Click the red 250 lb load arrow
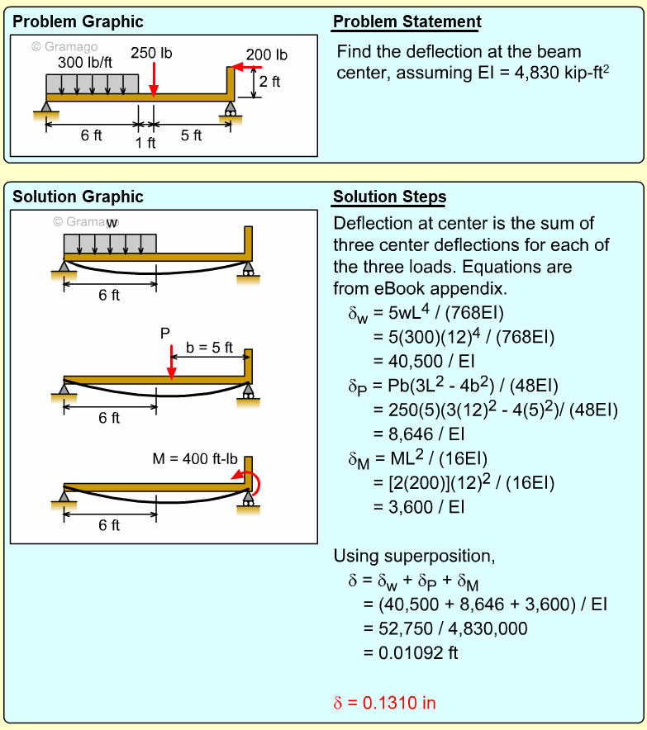point(153,79)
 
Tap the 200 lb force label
point(266,55)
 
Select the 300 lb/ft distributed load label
point(84,62)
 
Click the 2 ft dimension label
point(269,82)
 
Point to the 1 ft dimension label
point(145,143)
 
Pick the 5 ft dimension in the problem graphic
point(191,135)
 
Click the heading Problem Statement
point(407,22)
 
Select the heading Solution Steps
point(389,197)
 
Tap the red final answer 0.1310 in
point(384,703)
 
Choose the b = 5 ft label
point(209,348)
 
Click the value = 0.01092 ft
point(412,652)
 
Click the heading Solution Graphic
point(78,197)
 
